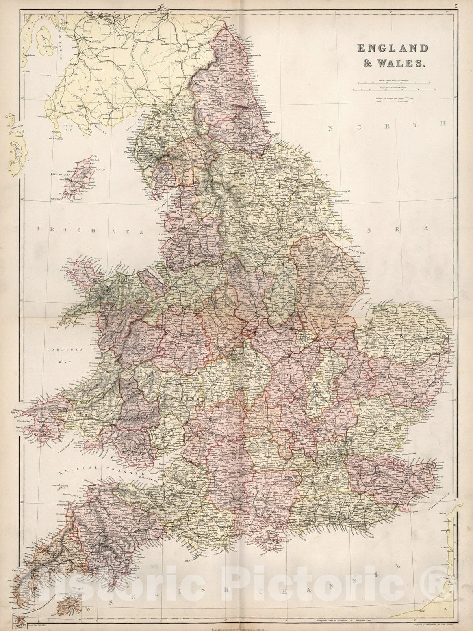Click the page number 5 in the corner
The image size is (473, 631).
point(467,6)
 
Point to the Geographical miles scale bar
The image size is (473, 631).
point(390,90)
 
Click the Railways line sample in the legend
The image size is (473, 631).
point(408,98)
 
